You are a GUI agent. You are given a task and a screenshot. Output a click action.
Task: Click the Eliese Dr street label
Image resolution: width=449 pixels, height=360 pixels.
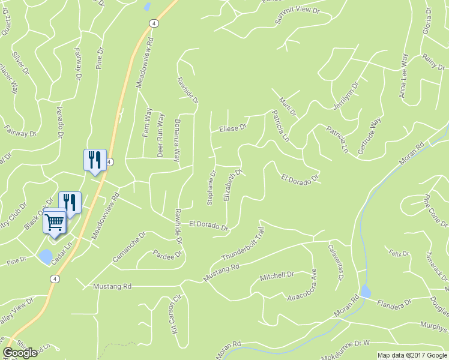tap(233, 128)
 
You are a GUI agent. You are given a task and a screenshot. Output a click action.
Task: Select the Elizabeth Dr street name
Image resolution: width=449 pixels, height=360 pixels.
tap(232, 185)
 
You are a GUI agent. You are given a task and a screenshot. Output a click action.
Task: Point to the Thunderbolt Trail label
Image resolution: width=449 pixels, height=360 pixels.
tap(243, 247)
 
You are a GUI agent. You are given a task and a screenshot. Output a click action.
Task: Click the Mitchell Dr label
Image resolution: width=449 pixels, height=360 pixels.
tap(276, 276)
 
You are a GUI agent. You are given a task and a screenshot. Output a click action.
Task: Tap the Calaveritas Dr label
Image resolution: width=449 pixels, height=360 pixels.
tap(336, 262)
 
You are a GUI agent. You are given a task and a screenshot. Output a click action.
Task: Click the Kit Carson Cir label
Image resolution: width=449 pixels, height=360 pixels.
tap(176, 314)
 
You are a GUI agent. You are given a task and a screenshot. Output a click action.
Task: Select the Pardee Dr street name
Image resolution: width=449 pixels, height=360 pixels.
tap(167, 254)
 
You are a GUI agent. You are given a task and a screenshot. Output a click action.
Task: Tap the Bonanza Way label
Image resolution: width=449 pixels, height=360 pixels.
tap(177, 144)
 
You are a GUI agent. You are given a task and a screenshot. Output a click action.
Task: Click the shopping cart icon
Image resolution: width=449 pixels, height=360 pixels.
tap(54, 223)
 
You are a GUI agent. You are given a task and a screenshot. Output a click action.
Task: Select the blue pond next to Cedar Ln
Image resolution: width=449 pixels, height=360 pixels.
tap(45, 257)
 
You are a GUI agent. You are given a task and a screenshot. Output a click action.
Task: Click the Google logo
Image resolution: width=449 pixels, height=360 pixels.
tap(20, 353)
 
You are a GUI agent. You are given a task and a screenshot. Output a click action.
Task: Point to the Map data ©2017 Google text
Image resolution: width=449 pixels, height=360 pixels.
tap(412, 355)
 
